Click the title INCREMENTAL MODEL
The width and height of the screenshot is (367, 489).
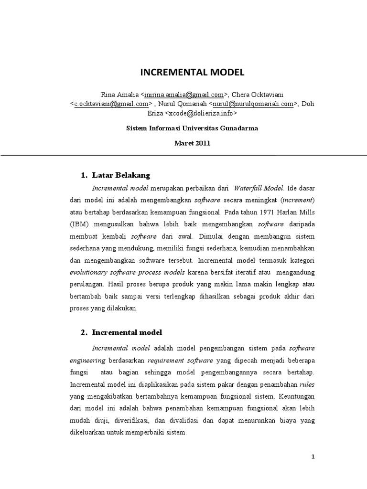[x=192, y=73]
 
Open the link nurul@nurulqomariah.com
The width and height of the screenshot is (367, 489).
[x=253, y=104]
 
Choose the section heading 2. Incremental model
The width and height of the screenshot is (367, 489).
[x=127, y=332]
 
